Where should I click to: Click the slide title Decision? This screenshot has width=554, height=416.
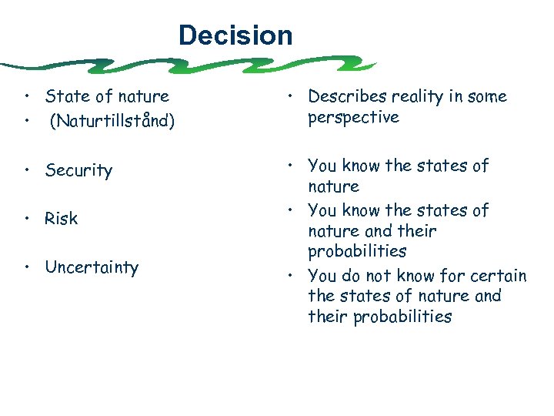click(x=235, y=35)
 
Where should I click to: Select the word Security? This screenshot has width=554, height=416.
click(x=78, y=170)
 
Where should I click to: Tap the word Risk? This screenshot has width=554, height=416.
click(x=62, y=219)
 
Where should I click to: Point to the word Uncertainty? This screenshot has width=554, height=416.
click(x=92, y=268)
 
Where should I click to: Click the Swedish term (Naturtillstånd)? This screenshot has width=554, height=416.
click(x=118, y=120)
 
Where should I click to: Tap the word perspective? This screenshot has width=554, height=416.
click(x=353, y=117)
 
